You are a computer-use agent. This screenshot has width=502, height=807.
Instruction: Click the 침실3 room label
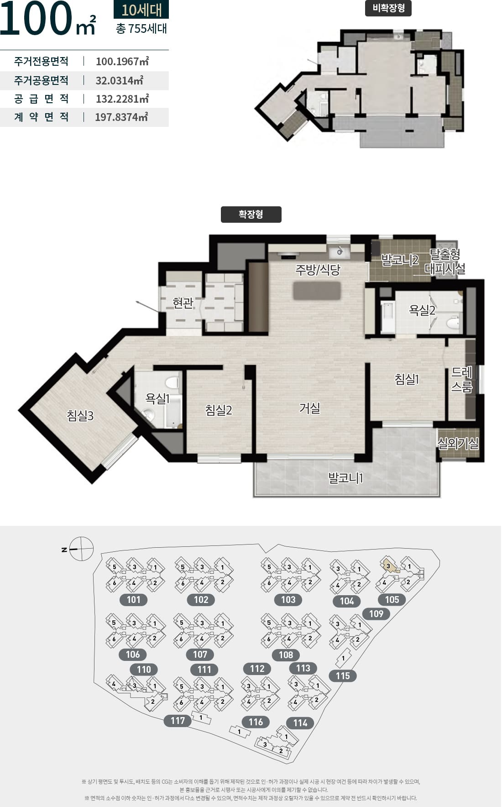pyautogui.click(x=80, y=416)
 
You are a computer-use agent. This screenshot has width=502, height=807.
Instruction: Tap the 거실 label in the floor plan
pyautogui.click(x=309, y=408)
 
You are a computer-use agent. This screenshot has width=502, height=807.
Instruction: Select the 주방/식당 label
pyautogui.click(x=318, y=270)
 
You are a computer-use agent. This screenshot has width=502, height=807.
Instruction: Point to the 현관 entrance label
pyautogui.click(x=183, y=303)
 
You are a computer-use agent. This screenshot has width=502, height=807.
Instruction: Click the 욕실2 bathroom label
pyautogui.click(x=422, y=310)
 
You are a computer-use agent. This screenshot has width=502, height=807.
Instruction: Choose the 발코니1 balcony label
pyautogui.click(x=345, y=478)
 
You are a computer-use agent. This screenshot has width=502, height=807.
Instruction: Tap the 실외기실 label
pyautogui.click(x=458, y=443)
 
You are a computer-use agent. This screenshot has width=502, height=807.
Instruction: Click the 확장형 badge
pyautogui.click(x=251, y=215)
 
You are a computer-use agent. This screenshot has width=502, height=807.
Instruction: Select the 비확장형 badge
pyautogui.click(x=388, y=8)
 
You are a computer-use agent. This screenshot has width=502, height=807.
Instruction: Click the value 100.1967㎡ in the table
pyautogui.click(x=122, y=62)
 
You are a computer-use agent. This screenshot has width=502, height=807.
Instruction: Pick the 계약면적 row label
pyautogui.click(x=42, y=117)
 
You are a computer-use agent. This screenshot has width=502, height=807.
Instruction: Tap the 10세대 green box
pyautogui.click(x=141, y=9)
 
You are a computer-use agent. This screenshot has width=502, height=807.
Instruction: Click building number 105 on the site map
pyautogui.click(x=392, y=600)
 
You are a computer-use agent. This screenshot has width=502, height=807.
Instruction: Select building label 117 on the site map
pyautogui.click(x=178, y=721)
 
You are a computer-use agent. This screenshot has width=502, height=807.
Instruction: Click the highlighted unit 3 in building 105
pyautogui.click(x=389, y=566)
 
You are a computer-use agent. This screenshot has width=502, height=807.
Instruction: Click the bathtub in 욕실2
pyautogui.click(x=388, y=316)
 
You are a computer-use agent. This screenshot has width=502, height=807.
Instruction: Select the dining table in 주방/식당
pyautogui.click(x=317, y=291)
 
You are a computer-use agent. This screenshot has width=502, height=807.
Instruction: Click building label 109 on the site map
pyautogui.click(x=376, y=613)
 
